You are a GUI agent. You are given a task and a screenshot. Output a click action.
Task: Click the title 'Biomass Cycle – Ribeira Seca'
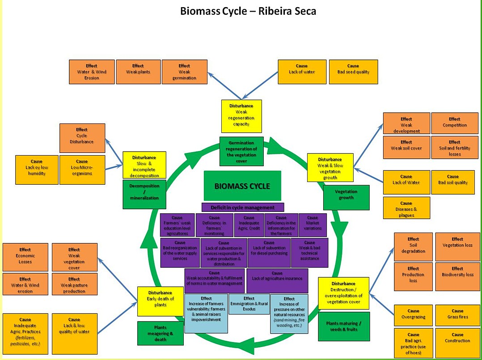tap(248, 11)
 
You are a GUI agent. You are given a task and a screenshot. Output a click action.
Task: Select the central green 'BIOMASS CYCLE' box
tap(242, 186)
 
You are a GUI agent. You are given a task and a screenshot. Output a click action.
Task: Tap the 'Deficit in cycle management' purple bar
tap(242, 208)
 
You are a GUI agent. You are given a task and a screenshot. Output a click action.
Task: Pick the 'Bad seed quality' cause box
tap(353, 72)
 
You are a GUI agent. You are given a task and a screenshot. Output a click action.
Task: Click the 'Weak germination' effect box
tap(184, 72)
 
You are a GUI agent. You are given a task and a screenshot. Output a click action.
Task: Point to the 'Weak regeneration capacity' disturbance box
tap(241, 116)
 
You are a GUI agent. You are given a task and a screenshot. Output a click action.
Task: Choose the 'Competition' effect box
tap(454, 123)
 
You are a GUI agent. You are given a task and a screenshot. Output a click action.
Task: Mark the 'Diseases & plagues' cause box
tap(406, 208)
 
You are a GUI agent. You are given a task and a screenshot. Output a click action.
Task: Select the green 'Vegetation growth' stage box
tap(346, 197)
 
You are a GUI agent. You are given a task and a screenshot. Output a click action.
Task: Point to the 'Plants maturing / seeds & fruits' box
tap(344, 326)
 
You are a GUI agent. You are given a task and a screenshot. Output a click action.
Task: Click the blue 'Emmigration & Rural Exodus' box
tap(249, 304)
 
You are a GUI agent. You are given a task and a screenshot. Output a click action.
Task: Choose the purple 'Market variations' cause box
tap(313, 225)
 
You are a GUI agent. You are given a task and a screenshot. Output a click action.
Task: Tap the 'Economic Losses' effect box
tap(25, 257)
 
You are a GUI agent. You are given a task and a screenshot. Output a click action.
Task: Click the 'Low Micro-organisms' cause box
tap(82, 169)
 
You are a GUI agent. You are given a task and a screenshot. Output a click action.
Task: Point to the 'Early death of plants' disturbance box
tap(160, 301)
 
